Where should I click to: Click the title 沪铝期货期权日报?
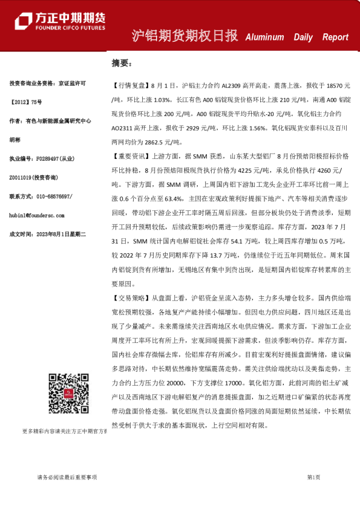point(185,36)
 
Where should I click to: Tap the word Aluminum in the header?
point(264,37)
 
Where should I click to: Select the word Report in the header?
point(335,37)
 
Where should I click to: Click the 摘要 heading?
point(121,62)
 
